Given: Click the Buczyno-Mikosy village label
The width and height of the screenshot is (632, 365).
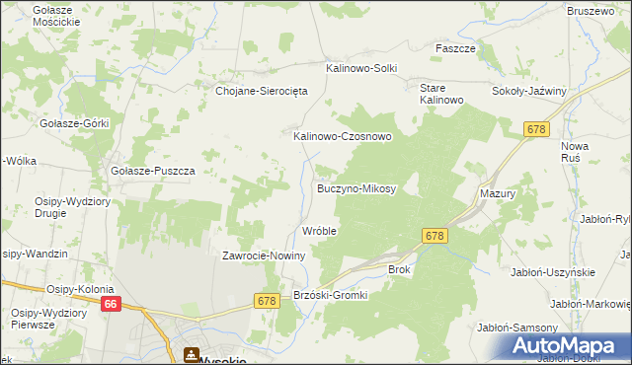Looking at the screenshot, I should pos(356,187).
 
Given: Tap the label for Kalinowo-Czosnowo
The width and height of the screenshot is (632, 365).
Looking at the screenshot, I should pos(342,136).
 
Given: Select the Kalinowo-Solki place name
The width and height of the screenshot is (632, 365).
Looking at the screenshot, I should pos(361,68).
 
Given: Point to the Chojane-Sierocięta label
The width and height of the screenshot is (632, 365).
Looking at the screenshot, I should pos(263,90).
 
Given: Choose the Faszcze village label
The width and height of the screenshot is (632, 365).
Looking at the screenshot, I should pos(456,47).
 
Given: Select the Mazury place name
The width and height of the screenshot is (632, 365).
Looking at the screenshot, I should pos(499,194).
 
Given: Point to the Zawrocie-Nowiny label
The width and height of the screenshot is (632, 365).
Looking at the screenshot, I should pos(265,255).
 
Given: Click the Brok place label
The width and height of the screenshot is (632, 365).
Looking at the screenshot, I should pos(399,268).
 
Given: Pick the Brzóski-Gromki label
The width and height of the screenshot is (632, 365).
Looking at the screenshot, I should pos(331,295).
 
